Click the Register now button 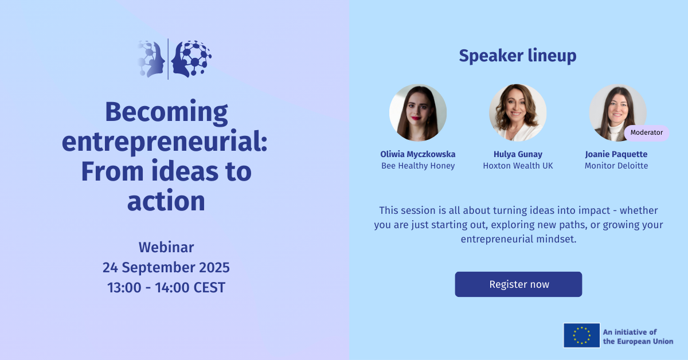tap(518, 284)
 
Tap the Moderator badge tap(647, 132)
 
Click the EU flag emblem tap(581, 335)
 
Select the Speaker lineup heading tap(518, 56)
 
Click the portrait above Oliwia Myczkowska tap(418, 113)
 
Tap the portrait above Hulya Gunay tap(518, 113)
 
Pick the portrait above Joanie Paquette tap(617, 113)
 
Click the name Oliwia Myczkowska tap(418, 154)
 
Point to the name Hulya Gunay tap(518, 154)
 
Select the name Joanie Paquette tap(616, 154)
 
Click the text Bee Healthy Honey tap(418, 166)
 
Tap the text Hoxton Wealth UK tap(518, 166)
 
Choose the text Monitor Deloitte tap(616, 166)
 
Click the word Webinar tap(166, 248)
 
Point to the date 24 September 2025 tap(166, 268)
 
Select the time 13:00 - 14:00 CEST tap(166, 288)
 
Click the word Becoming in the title tap(166, 113)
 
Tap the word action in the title tap(166, 201)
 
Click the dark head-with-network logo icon tap(191, 58)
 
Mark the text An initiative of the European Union tap(638, 336)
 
